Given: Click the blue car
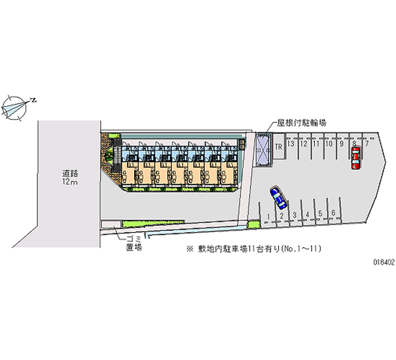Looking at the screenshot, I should [x=278, y=198].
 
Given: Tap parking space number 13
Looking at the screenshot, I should [x=292, y=144].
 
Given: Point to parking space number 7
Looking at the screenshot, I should [x=366, y=144].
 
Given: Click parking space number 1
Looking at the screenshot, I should [x=268, y=216].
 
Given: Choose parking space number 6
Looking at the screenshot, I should [x=334, y=213].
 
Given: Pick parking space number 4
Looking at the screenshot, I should [x=307, y=214].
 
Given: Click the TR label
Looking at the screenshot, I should [x=279, y=146].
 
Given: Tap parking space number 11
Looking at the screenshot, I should [x=316, y=144].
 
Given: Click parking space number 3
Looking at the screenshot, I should [x=295, y=215].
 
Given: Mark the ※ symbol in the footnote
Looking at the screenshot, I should [x=189, y=250].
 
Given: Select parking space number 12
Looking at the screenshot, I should [x=304, y=144].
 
